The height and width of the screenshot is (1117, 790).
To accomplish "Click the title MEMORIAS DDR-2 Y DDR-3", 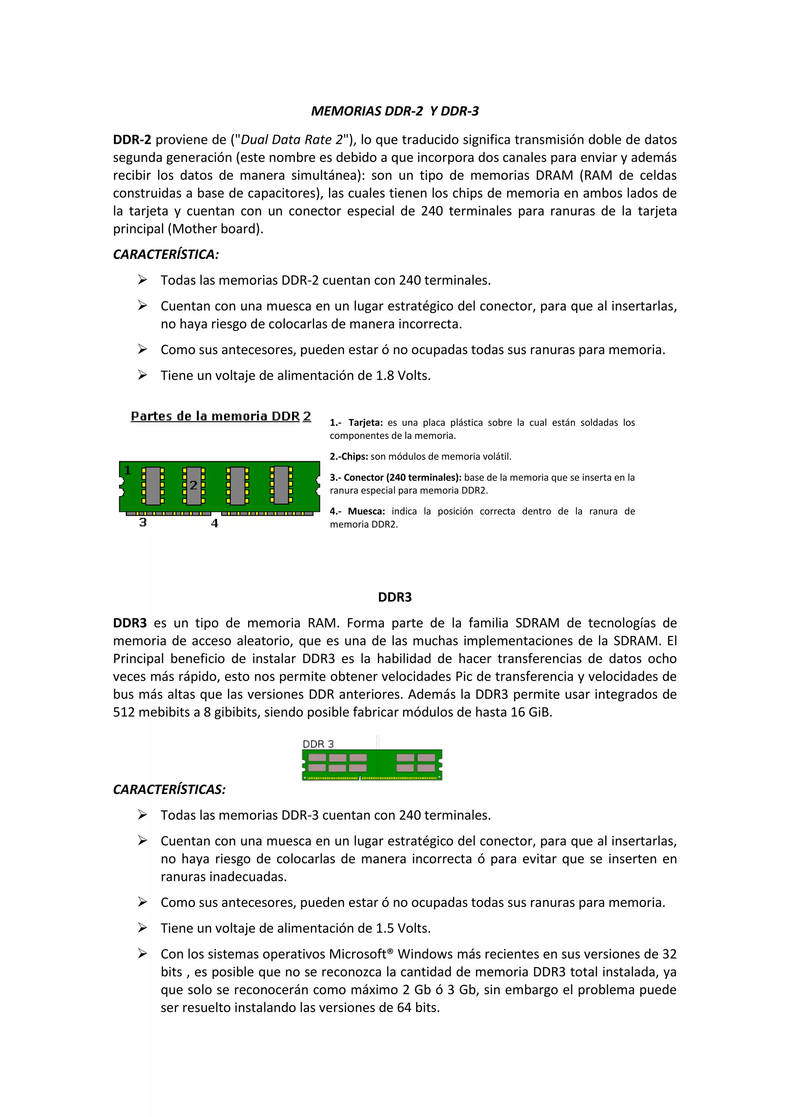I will click(395, 111).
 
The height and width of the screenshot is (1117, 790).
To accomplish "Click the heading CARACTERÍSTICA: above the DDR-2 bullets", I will click(166, 255).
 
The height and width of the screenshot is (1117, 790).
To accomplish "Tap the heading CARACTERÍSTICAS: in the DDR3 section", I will click(169, 789).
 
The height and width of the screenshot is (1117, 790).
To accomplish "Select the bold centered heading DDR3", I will click(395, 597).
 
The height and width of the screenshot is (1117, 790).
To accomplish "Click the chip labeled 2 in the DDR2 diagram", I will click(194, 485).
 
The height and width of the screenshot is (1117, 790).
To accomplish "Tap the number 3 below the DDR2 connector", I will click(142, 523).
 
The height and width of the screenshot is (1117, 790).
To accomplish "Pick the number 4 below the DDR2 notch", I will click(214, 523).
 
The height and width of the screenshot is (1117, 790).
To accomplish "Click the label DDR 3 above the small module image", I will click(318, 744).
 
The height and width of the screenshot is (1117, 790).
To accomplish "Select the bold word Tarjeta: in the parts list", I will click(365, 423).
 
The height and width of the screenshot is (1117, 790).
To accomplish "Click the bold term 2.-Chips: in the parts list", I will click(349, 457).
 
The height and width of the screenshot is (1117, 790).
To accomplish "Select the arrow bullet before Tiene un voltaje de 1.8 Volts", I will click(142, 375).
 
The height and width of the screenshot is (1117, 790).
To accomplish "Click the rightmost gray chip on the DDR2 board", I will click(281, 485).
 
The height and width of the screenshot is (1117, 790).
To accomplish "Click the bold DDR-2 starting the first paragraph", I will click(132, 140).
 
